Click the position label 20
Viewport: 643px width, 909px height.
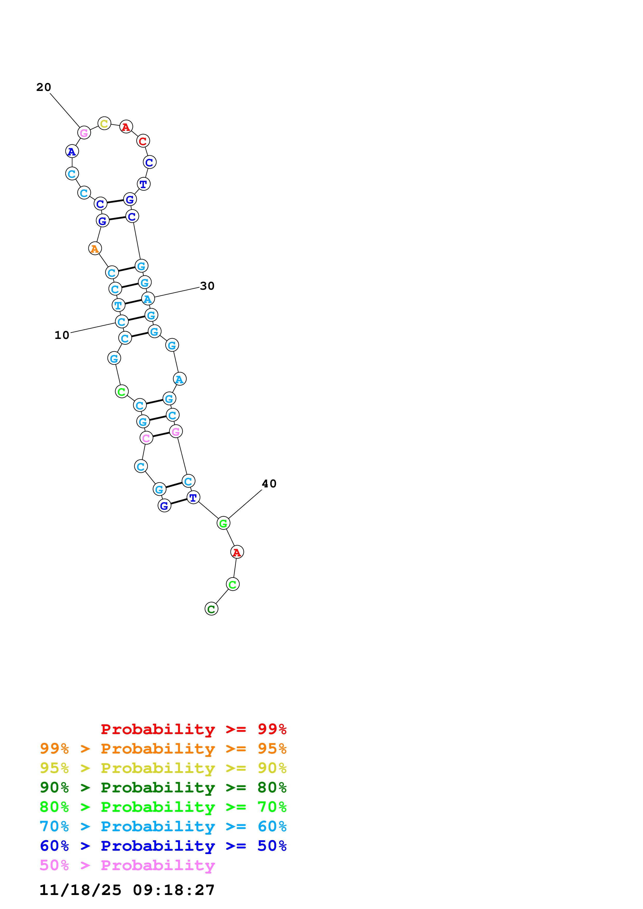(44, 87)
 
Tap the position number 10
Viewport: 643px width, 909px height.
(62, 335)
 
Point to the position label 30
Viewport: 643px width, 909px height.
(207, 286)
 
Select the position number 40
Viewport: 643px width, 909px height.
(269, 484)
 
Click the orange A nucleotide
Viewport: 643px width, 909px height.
(95, 249)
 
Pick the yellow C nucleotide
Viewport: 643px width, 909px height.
(104, 124)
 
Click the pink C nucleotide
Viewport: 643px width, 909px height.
(146, 438)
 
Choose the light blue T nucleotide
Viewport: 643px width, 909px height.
(118, 305)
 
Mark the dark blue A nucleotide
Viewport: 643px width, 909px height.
(72, 151)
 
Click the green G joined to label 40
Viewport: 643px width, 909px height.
(223, 523)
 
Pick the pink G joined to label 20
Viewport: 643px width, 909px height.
(84, 133)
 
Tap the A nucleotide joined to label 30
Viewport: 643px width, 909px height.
(148, 299)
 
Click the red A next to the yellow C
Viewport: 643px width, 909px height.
(126, 127)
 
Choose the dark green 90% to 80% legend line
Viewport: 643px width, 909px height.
(163, 787)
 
